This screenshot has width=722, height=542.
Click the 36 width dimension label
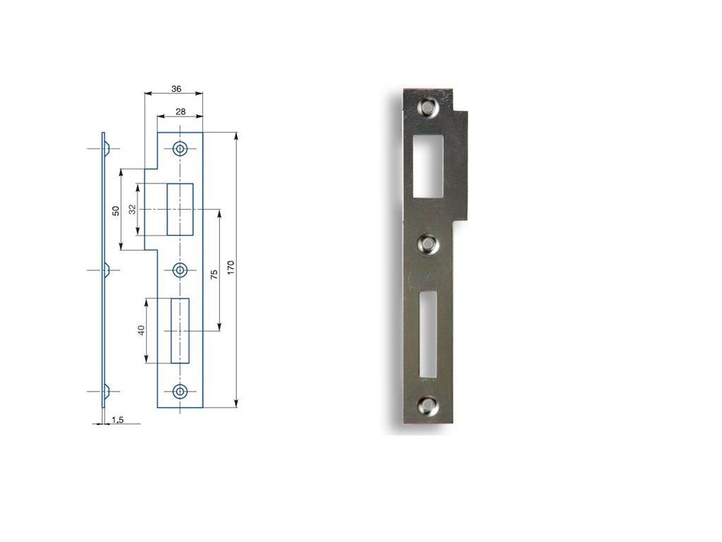pyautogui.click(x=176, y=88)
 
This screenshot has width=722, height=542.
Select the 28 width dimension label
pyautogui.click(x=180, y=112)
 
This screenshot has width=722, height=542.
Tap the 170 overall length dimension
pyautogui.click(x=231, y=267)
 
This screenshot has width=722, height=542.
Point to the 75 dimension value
pyautogui.click(x=214, y=275)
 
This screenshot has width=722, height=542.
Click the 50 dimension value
pyautogui.click(x=116, y=210)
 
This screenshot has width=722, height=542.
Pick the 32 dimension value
pyautogui.click(x=133, y=209)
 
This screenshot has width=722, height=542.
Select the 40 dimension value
pyautogui.click(x=141, y=330)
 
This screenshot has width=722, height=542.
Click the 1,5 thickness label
pyautogui.click(x=118, y=420)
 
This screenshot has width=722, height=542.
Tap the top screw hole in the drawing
pyautogui.click(x=180, y=148)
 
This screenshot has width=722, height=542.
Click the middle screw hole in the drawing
pyautogui.click(x=180, y=270)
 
